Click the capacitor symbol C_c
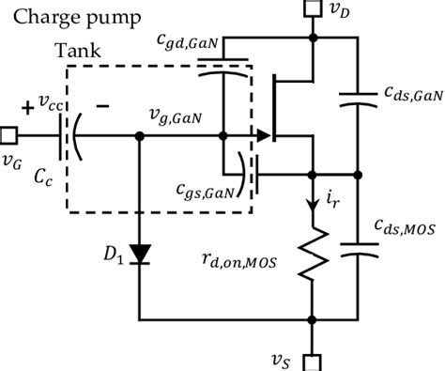pos(68,136)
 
